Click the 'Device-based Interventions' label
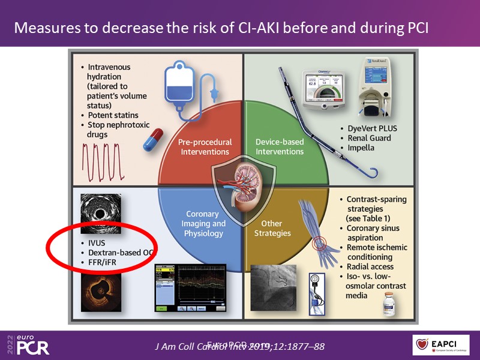coord(279,146)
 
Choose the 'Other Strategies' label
coord(276,228)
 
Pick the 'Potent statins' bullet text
coord(113,114)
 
